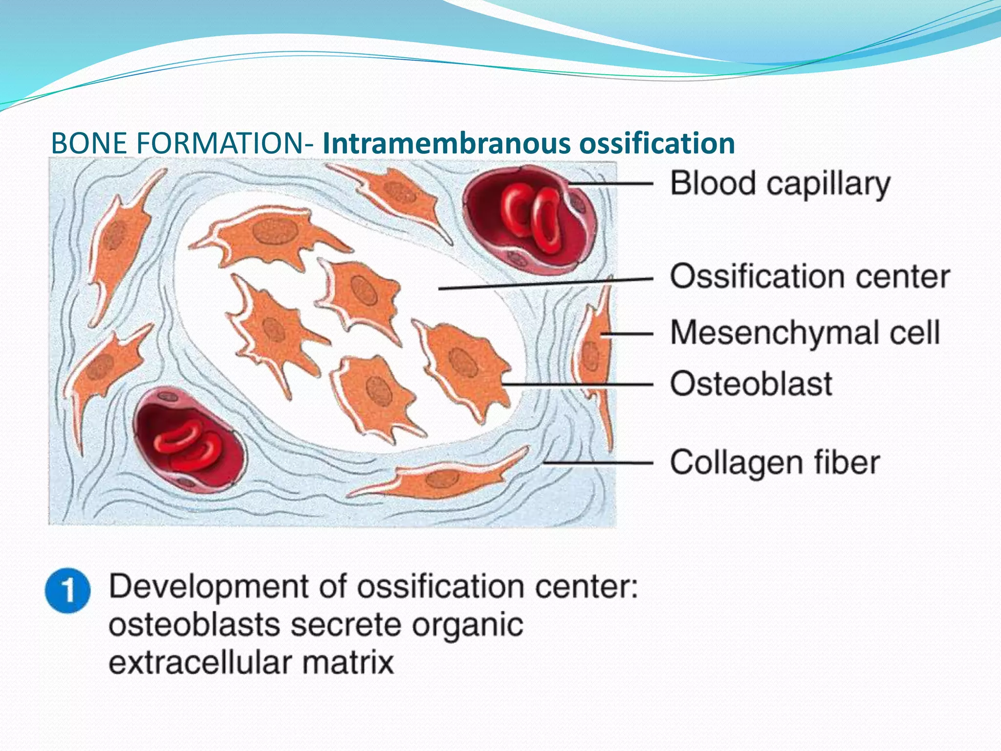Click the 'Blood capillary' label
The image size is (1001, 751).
[x=780, y=184]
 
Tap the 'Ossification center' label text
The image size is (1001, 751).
[x=809, y=277]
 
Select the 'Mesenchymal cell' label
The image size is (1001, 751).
[x=805, y=333]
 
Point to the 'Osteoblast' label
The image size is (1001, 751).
[x=751, y=384]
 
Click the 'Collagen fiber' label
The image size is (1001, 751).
[x=775, y=463]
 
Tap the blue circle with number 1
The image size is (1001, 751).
[x=67, y=591]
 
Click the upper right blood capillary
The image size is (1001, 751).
[x=530, y=218]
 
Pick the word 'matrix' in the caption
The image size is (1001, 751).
[x=348, y=663]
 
